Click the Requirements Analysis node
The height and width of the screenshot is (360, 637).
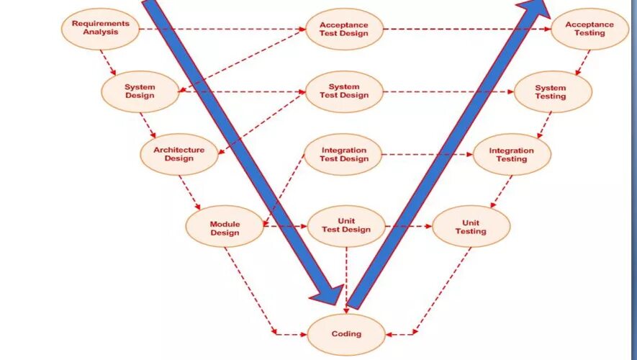[x=101, y=28]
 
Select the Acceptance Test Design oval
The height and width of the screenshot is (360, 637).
[x=344, y=29]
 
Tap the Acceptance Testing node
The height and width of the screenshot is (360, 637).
[x=589, y=29]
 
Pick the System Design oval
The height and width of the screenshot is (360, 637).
[x=140, y=91]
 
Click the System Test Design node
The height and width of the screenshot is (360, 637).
[x=344, y=91]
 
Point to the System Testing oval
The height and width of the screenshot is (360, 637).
[x=551, y=92]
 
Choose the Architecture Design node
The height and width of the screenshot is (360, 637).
[x=179, y=154]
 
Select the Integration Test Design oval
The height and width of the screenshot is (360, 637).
[x=343, y=154]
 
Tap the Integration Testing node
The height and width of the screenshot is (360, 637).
[x=512, y=154]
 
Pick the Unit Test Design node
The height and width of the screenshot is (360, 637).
[x=345, y=226]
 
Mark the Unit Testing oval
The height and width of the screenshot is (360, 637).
[x=471, y=227]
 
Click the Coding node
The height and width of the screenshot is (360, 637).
[x=346, y=333]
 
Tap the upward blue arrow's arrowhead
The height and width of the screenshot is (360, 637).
[x=534, y=9]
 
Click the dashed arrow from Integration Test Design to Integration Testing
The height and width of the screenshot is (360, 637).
[x=428, y=154]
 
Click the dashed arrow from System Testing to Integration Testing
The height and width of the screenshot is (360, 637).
[x=545, y=124]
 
